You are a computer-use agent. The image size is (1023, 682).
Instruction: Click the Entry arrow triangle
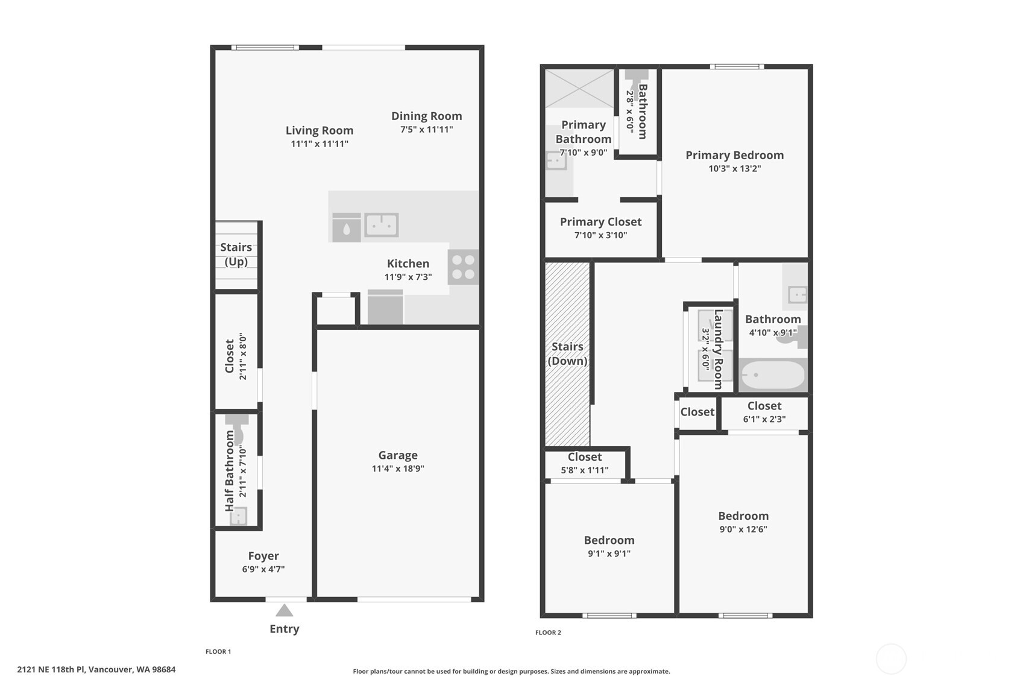coord(285,611)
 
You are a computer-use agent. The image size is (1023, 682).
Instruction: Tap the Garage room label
coord(398,455)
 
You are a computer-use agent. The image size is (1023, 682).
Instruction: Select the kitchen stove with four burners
coord(463,267)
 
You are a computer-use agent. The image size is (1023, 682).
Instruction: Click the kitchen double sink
coord(381,226)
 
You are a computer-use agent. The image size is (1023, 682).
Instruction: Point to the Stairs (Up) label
coord(236,254)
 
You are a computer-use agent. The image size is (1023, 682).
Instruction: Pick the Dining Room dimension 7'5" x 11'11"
coord(426,130)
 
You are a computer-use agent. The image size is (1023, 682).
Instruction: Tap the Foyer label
coord(263,556)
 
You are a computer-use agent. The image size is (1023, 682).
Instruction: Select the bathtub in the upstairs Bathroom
coord(773,375)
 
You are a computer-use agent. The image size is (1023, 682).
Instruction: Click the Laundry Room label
coord(718,349)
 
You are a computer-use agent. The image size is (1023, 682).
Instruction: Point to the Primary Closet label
coord(600,222)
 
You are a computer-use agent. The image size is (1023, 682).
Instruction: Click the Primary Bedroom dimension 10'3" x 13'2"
coord(734,169)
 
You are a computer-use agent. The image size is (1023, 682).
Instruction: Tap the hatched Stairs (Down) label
coord(567,354)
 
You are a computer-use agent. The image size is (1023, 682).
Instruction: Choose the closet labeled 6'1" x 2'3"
coord(764,412)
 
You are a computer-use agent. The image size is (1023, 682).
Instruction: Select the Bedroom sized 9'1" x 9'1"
coord(609,546)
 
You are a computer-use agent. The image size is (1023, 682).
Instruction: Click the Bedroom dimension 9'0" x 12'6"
coord(743,529)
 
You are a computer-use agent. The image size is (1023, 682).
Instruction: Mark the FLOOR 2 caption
coord(548,633)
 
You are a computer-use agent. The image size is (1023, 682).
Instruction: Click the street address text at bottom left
coord(96,669)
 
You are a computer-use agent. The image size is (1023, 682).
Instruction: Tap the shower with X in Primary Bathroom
coord(579,89)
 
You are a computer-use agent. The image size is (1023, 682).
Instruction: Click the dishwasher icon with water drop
coord(347,229)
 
